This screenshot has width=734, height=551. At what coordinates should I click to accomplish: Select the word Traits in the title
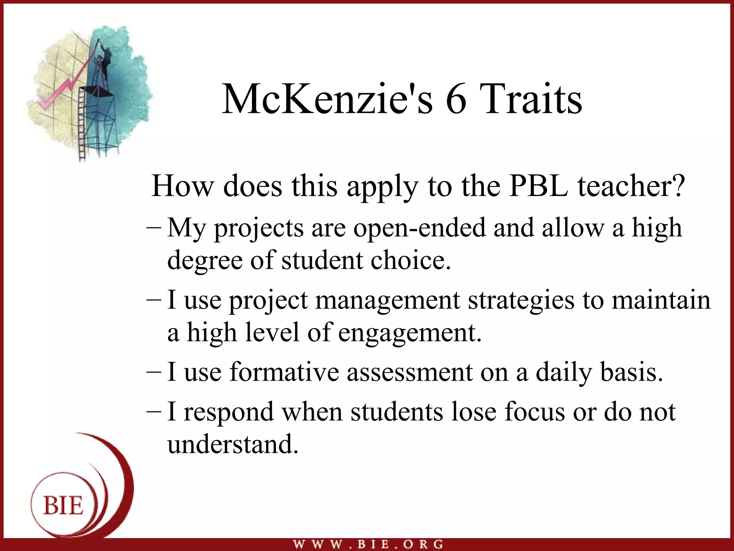530,99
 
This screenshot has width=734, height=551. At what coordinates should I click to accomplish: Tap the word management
387,301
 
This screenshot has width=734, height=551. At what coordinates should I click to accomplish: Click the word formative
284,372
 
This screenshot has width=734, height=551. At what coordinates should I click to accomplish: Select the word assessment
409,372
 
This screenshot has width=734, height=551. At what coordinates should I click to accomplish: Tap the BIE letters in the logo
63,505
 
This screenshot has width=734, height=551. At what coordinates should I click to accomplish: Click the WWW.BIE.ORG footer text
368,544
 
